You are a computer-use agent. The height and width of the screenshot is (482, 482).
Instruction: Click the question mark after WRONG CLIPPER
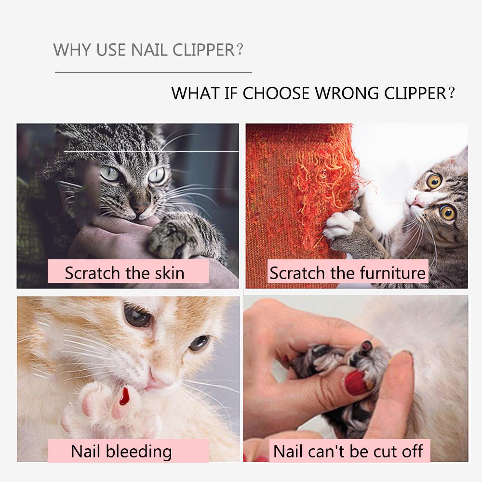(x=451, y=93)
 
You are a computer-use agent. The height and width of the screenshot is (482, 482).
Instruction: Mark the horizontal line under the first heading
(x=153, y=73)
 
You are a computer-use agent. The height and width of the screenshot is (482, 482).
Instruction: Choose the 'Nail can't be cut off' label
(x=348, y=452)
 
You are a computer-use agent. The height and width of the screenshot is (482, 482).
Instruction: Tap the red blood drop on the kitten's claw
(x=125, y=397)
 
